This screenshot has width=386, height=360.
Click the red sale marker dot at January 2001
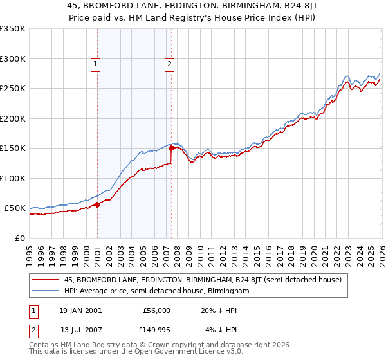(97, 204)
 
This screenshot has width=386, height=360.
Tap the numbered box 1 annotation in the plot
(95, 64)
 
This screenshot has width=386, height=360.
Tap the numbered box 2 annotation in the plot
(169, 64)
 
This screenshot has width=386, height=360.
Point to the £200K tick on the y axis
(12, 118)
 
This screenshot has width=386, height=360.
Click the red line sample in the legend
(46, 280)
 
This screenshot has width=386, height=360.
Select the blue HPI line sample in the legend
(46, 291)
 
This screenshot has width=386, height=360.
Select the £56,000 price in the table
(156, 310)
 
